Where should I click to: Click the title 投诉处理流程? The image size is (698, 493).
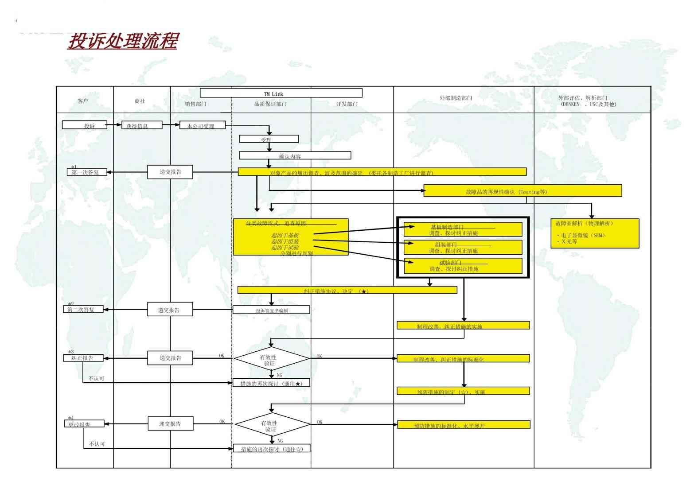123,41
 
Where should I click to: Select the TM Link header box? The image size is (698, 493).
281,93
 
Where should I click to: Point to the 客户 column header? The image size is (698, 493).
83,101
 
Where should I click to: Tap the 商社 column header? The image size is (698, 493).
140,101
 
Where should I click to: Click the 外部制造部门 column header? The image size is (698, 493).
456,98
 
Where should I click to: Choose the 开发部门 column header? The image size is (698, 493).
347,104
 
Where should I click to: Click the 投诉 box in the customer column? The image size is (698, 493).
85,125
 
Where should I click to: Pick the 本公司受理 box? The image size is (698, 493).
203,125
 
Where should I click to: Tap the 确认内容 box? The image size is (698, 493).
295,155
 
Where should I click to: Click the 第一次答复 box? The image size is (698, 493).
87,172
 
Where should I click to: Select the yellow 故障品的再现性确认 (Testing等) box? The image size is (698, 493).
523,191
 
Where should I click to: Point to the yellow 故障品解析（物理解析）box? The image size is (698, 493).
594,233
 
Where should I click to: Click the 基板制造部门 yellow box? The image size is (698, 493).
463,229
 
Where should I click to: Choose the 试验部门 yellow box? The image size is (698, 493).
463,266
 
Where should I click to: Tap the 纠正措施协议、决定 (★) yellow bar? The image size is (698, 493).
347,290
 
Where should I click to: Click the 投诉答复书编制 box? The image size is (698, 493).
271,310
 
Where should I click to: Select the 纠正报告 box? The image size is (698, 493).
83,357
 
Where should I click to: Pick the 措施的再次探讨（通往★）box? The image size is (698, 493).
271,383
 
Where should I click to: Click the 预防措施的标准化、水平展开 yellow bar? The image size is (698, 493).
463,425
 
